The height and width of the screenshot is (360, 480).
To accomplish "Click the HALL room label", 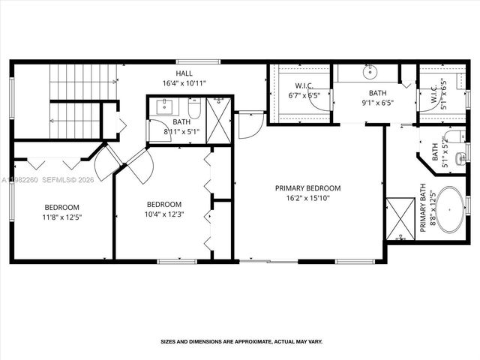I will (x=184, y=73).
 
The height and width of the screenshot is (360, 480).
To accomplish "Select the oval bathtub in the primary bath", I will (x=450, y=209).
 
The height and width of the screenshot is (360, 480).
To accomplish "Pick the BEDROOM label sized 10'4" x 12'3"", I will (x=164, y=204).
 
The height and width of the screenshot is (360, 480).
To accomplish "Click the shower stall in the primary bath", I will (x=400, y=218).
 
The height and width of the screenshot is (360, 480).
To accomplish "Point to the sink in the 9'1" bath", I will (x=370, y=73).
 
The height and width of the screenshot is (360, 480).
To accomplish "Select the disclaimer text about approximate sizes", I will (x=241, y=342).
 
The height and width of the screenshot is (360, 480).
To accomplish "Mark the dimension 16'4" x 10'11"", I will (x=184, y=83).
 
